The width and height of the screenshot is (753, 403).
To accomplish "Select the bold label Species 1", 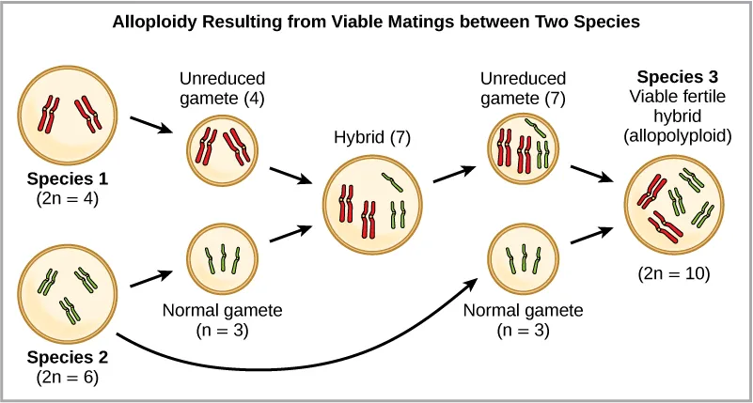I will [68, 178].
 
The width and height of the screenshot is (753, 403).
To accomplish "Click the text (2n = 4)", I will [68, 198].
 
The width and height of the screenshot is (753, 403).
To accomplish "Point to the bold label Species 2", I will [68, 357].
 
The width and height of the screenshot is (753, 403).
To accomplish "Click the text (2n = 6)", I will [68, 378].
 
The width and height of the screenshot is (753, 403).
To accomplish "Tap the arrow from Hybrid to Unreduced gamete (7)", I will [454, 173].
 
